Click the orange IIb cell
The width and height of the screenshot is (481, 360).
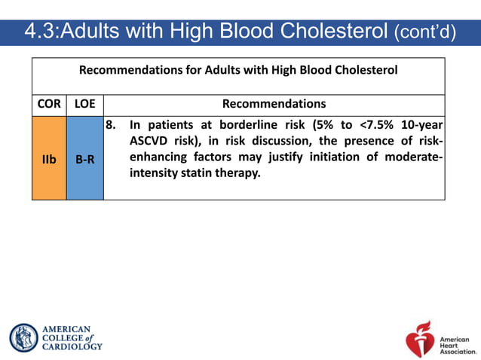tap(49, 159)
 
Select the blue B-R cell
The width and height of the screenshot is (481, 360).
tap(84, 159)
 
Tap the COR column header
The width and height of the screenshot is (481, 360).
tap(49, 104)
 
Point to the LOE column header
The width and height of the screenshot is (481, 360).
tap(84, 104)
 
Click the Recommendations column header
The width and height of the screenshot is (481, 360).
tap(274, 104)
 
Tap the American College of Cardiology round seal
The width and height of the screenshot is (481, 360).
tap(23, 337)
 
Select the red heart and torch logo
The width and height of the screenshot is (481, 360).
tap(420, 337)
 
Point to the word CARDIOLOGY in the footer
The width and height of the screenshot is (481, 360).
tap(72, 346)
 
